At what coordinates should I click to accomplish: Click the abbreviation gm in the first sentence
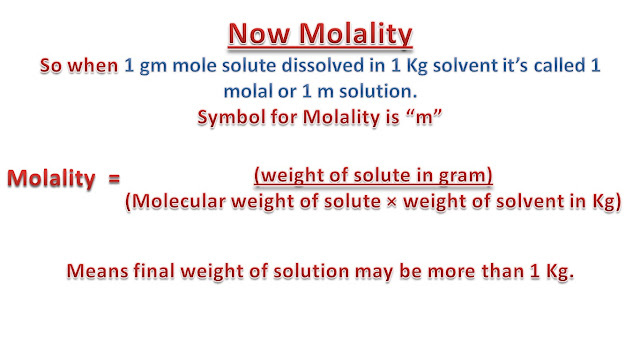tap(148, 67)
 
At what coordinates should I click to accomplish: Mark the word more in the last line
tap(448, 271)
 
